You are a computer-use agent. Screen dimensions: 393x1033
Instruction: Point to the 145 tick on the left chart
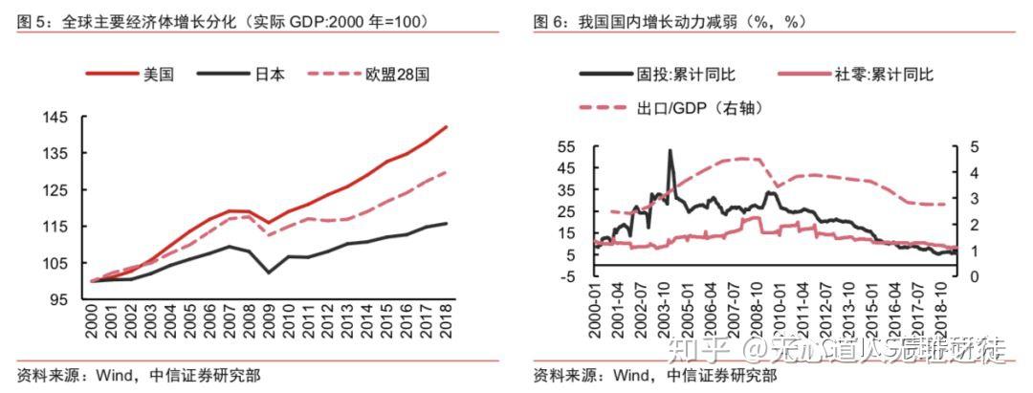(55, 118)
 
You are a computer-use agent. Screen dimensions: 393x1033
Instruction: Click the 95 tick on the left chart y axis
(58, 300)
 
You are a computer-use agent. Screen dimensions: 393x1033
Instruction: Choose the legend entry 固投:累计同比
(686, 74)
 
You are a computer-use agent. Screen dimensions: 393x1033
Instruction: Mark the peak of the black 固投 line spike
(670, 150)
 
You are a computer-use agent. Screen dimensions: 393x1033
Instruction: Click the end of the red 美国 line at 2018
(446, 126)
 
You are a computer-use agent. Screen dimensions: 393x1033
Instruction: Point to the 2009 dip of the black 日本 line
(271, 273)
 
